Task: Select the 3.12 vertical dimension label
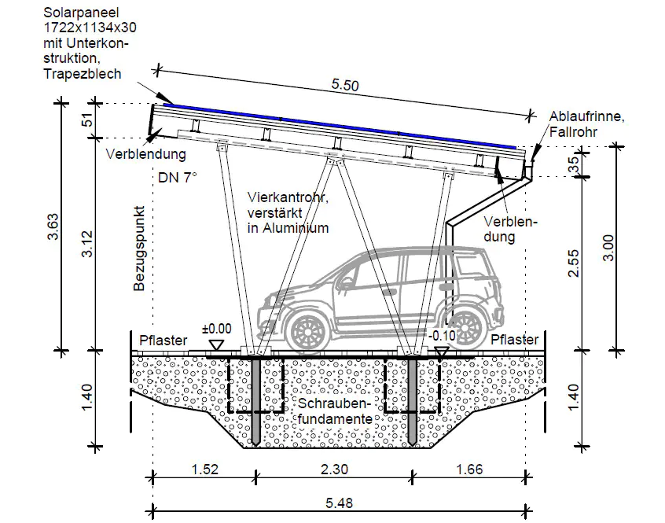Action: click(88, 244)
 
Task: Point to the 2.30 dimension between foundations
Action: click(333, 470)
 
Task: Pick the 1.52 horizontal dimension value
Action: click(203, 470)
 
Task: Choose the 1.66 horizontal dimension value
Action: click(469, 470)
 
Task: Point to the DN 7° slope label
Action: click(178, 178)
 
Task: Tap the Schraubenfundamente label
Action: click(333, 411)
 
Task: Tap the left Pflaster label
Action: click(163, 341)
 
